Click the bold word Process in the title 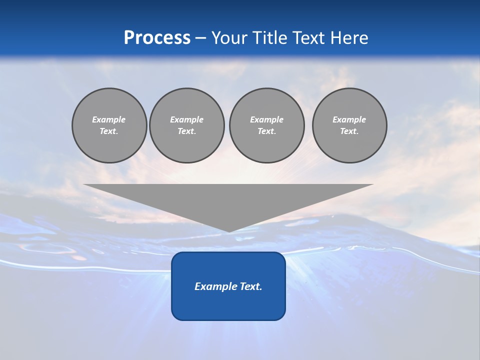(157, 38)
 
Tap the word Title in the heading (271, 38)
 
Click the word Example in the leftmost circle (109, 119)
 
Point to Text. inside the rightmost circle (349, 131)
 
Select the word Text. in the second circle (186, 131)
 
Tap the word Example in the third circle (266, 119)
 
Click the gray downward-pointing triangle (228, 200)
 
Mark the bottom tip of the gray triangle (228, 230)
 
